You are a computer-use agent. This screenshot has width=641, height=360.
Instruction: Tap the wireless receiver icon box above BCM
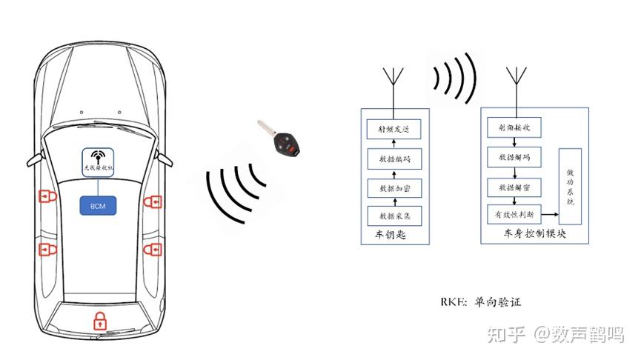click(x=99, y=161)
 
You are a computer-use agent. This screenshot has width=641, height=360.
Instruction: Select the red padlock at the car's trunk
click(x=99, y=321)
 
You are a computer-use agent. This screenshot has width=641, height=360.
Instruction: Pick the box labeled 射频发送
click(x=393, y=130)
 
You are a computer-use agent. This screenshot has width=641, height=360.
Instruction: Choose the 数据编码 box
click(x=393, y=159)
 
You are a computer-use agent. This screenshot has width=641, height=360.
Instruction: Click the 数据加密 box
click(x=393, y=188)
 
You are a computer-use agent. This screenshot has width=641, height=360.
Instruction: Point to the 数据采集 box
click(x=393, y=216)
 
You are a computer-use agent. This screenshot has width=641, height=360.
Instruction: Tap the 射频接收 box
click(x=514, y=128)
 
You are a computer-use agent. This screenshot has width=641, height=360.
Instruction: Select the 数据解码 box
click(x=514, y=157)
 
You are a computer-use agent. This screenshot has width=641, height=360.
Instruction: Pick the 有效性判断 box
click(x=514, y=215)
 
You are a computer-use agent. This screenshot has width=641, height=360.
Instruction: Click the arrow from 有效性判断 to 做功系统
click(x=549, y=216)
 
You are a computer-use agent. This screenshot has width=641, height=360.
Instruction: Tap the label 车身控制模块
click(x=534, y=234)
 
